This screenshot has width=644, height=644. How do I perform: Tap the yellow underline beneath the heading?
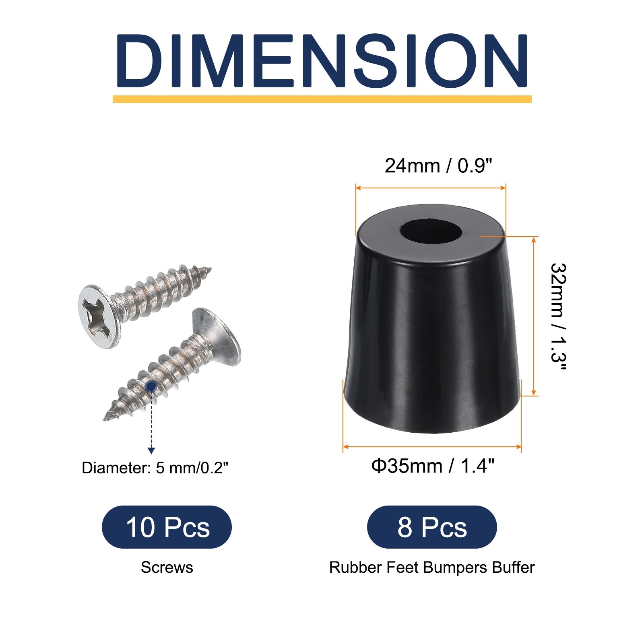click(x=322, y=99)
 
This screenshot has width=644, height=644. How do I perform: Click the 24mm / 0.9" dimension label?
click(x=438, y=165)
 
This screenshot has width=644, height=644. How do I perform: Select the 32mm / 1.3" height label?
click(x=559, y=318)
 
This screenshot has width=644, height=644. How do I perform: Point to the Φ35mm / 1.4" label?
click(x=433, y=466)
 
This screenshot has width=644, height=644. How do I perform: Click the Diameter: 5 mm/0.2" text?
click(x=155, y=468)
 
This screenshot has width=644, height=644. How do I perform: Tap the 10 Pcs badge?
click(x=167, y=527)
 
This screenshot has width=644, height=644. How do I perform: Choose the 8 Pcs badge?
click(x=432, y=527)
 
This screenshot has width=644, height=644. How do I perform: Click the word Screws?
click(x=167, y=568)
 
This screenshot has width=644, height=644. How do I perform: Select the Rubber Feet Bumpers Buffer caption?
click(x=432, y=568)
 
